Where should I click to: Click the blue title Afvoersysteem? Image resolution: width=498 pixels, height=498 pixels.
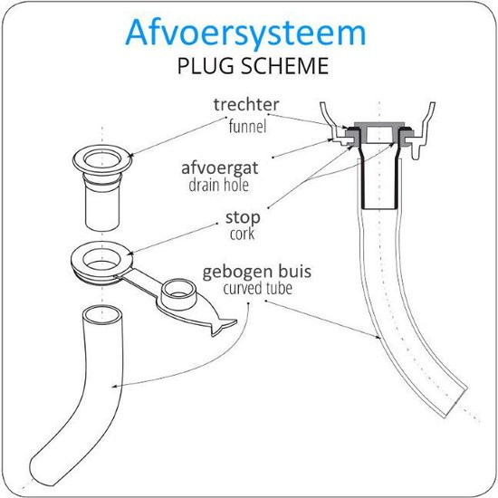point(245,34)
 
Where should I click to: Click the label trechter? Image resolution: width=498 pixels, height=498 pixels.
point(246,104)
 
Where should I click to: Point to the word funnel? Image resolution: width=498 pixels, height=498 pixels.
point(247,126)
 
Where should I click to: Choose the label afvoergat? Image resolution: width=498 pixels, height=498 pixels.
point(220,168)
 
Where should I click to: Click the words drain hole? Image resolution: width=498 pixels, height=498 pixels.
point(218,185)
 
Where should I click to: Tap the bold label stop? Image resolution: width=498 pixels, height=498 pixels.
point(243,217)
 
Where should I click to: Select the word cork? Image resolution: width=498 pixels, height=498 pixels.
point(243,235)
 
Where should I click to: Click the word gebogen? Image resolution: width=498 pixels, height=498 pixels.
point(237,272)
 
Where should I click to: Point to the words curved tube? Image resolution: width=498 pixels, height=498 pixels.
point(257,288)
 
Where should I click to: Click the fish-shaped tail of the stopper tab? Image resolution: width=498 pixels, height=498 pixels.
point(225,326)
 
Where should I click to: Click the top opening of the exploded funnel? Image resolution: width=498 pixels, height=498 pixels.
point(102,159)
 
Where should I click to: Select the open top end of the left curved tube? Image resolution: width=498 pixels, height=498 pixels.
point(102,315)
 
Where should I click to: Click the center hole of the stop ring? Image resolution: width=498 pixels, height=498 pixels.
point(101,261)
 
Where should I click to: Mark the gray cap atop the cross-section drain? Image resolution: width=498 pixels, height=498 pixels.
point(379,124)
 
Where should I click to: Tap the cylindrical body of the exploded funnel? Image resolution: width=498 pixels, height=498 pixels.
point(102,208)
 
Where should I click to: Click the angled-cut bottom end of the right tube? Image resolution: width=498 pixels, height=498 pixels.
point(456,401)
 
